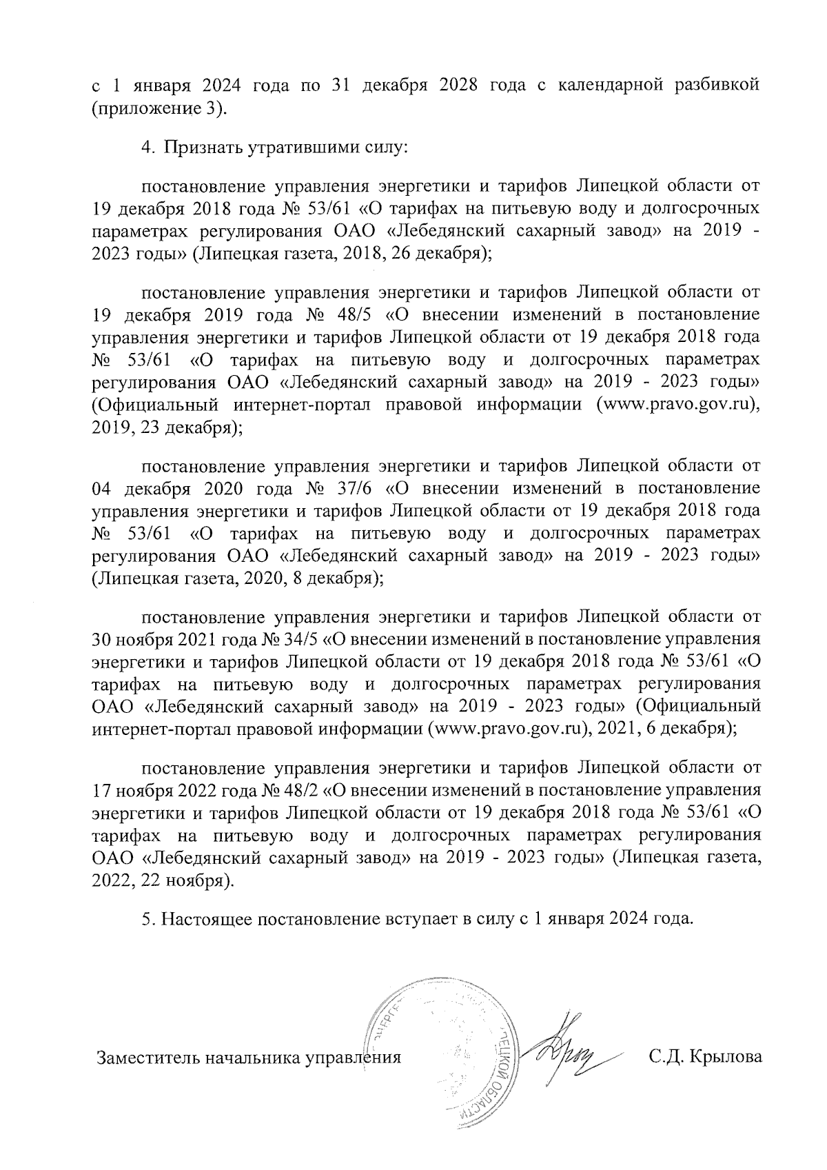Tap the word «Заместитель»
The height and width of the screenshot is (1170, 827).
point(145,1057)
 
